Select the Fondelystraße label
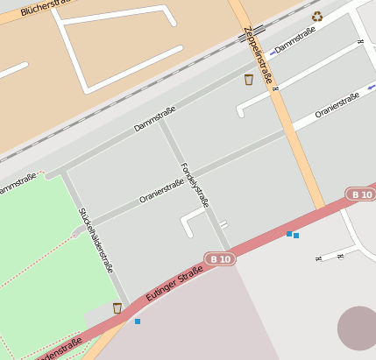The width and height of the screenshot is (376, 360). (195, 184)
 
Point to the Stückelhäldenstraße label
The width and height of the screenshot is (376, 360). (96, 240)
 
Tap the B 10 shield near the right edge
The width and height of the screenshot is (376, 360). (359, 194)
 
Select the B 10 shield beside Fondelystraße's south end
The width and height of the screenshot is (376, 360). (222, 258)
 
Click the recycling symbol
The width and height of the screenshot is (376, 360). (317, 16)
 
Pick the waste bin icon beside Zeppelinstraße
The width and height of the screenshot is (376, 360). (249, 80)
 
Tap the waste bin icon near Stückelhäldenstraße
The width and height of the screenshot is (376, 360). (117, 307)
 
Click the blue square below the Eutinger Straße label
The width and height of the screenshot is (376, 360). (138, 321)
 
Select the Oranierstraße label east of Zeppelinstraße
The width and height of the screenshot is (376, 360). (337, 106)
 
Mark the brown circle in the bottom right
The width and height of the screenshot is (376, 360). (358, 328)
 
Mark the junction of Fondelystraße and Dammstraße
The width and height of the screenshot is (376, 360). (161, 121)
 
